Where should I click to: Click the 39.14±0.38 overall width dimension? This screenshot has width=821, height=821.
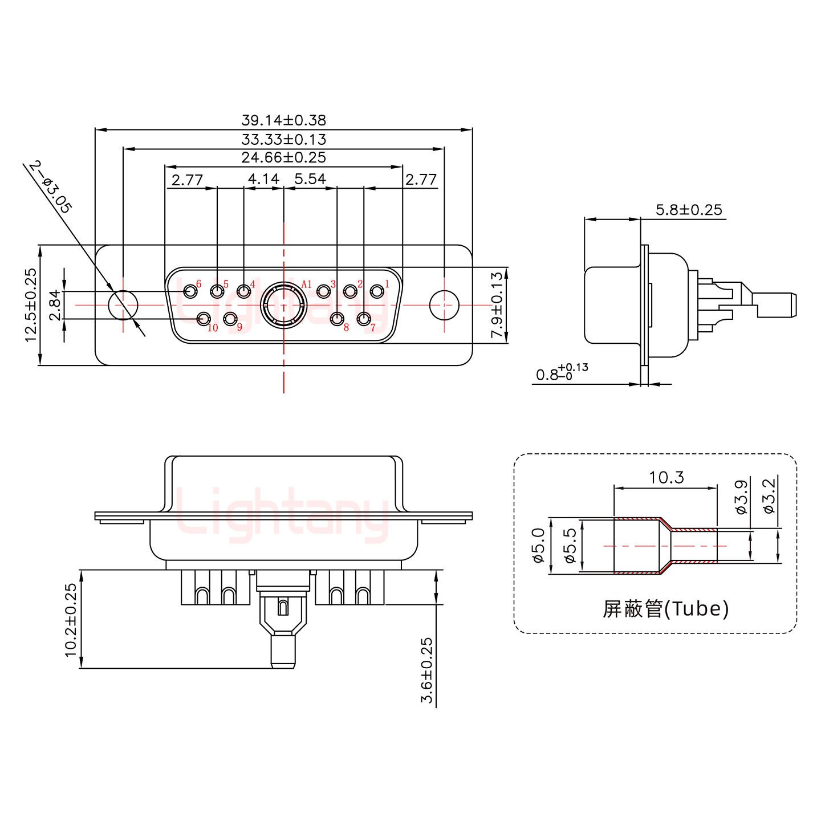click(x=283, y=120)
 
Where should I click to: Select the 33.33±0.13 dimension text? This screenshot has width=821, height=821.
click(x=283, y=139)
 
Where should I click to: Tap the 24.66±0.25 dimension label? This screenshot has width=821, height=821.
click(x=283, y=157)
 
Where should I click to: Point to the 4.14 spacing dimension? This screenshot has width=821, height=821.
click(x=263, y=180)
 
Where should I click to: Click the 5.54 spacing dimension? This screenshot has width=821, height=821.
click(x=310, y=180)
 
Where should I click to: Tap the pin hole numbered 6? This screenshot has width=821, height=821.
click(x=190, y=291)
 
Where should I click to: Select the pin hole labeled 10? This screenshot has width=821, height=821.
click(x=204, y=319)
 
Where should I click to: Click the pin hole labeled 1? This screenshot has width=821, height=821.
click(x=376, y=291)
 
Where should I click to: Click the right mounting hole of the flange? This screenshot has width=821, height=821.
click(x=444, y=305)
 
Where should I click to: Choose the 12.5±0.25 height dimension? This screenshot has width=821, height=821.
click(x=31, y=305)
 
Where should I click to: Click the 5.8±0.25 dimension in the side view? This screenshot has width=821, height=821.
click(x=688, y=210)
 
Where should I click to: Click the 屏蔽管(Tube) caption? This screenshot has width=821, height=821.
click(x=665, y=609)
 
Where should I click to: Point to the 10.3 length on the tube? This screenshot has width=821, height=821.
click(x=666, y=477)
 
